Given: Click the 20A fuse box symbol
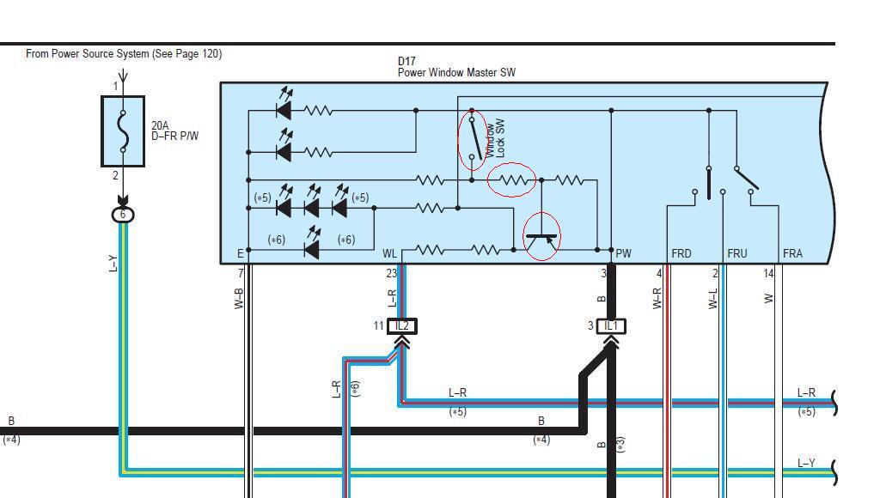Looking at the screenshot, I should (123, 131).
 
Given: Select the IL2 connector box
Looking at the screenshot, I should (401, 326).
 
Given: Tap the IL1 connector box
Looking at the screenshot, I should (611, 326).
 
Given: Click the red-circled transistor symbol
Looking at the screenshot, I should (541, 237).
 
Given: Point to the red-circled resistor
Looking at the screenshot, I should (512, 180).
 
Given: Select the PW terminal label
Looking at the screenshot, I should (623, 254).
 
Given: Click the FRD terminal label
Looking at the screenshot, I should (681, 254).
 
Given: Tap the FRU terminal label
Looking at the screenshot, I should (736, 254).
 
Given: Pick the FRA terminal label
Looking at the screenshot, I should (792, 254).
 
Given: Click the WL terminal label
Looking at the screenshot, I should (389, 254).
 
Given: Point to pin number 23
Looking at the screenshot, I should (392, 274).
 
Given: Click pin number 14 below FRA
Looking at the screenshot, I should (768, 274).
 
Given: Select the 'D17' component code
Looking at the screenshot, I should (406, 62).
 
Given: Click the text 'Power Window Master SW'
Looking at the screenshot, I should (456, 73).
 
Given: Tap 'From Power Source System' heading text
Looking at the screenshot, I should (124, 54).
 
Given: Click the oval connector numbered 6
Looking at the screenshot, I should (123, 215).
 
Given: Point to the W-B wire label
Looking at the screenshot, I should (240, 297).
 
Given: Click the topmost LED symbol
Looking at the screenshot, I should (284, 109).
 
